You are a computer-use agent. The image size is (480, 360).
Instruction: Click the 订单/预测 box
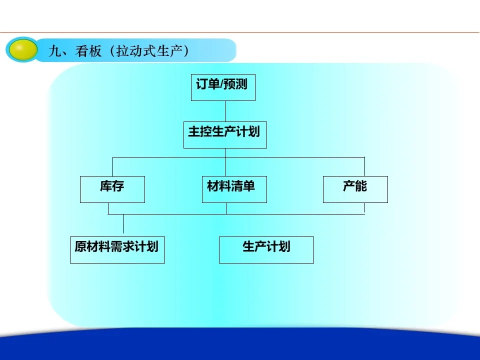[x=223, y=87]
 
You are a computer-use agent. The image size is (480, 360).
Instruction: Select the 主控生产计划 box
[x=225, y=135]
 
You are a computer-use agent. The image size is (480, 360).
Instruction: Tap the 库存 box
[x=112, y=189]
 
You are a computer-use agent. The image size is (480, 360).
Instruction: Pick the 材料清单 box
[x=234, y=189]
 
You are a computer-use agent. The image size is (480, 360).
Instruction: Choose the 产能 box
[x=355, y=189]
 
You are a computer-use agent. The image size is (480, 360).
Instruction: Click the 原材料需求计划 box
[x=117, y=250]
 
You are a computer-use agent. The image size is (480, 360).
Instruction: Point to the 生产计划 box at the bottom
[x=266, y=250]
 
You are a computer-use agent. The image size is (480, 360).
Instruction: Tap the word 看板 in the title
[x=88, y=51]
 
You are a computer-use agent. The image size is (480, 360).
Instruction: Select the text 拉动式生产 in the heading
[x=149, y=51]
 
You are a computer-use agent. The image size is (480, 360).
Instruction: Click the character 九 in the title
[x=55, y=51]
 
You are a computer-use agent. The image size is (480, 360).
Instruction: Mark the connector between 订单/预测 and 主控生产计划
[x=225, y=111]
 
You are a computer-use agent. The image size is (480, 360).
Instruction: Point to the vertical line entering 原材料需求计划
[x=123, y=224]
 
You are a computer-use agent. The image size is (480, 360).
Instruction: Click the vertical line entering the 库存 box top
[x=112, y=167]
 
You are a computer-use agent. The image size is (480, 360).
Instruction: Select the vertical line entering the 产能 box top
[x=364, y=167]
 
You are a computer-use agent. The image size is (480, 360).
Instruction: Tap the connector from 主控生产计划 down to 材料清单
[x=225, y=162]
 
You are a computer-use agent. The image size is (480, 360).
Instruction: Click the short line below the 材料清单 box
[x=226, y=208]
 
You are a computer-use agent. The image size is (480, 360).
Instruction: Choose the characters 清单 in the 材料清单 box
[x=243, y=186]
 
